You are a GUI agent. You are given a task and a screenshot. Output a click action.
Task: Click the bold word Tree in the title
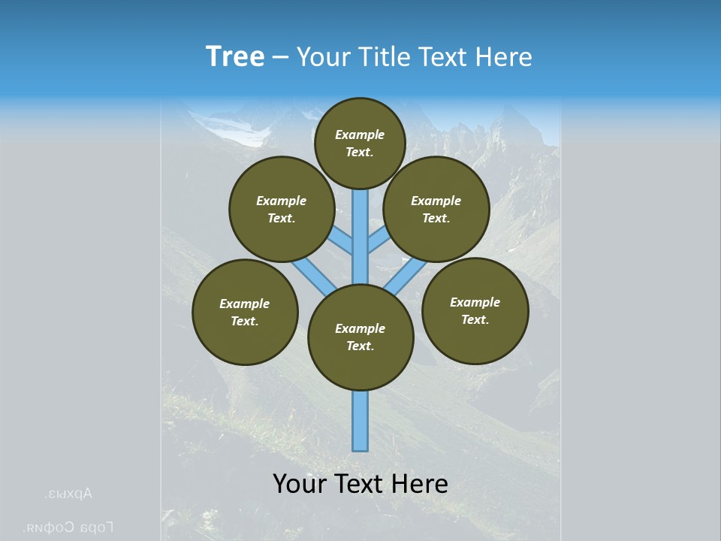pos(235,57)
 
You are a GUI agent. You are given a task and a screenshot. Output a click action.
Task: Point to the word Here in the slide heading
pos(502,57)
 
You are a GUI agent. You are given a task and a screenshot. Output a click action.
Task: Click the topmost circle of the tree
pos(360,143)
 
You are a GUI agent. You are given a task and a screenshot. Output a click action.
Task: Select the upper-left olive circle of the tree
pos(282,209)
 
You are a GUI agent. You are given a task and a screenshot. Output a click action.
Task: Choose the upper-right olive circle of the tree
pos(436,209)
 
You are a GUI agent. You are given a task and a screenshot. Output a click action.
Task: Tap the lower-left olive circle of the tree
pos(245,312)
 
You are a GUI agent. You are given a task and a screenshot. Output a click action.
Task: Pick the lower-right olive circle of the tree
pos(475,310)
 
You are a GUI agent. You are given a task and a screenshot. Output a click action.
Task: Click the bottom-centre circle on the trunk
pos(360,337)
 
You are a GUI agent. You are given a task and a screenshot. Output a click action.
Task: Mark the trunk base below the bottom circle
pos(360,421)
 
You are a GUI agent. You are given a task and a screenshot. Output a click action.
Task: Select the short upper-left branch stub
pos(340,241)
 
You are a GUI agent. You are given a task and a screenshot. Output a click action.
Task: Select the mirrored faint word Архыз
pos(69,494)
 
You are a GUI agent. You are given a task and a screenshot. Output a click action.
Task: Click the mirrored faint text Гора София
pos(69,527)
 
